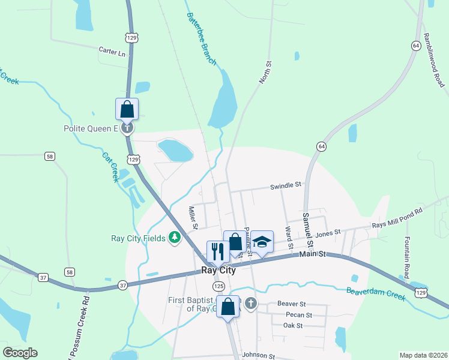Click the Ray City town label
(x=218, y=270)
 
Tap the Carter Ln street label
(x=113, y=53)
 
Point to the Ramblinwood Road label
(x=434, y=61)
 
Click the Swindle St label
(x=285, y=185)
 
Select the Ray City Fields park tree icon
(x=175, y=238)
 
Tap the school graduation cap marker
(x=262, y=241)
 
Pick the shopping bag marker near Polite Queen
(x=127, y=109)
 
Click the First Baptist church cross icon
(x=251, y=304)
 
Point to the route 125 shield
(x=219, y=287)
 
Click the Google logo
(x=20, y=353)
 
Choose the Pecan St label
(x=299, y=315)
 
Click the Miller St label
(x=193, y=218)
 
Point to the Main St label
(x=312, y=254)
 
